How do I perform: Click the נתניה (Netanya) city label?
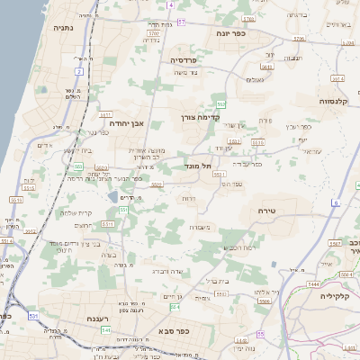[x=64, y=27]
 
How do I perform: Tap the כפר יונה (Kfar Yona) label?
[x=238, y=33]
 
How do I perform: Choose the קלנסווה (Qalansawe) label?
[x=338, y=102]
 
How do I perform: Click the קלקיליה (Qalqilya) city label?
[x=337, y=294]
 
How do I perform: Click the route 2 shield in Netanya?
[x=79, y=70]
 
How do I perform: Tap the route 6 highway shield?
[x=335, y=203]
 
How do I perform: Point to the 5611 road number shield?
[x=105, y=115]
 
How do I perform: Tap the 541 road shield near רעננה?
[x=106, y=330]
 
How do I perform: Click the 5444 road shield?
[x=312, y=284]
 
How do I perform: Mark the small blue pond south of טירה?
[x=274, y=264]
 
